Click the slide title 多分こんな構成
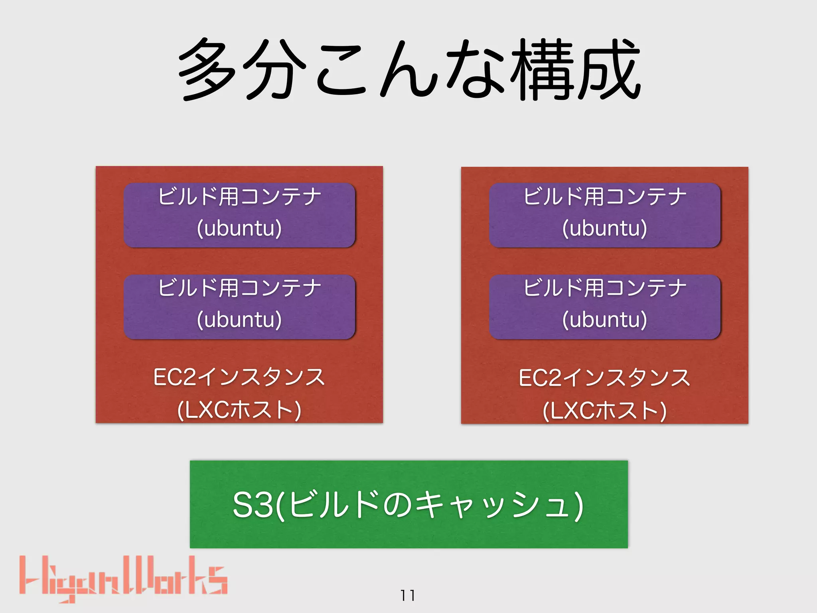408,70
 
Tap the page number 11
408,595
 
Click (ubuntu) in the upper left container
239,228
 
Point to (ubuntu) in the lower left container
239,320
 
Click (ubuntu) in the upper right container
605,228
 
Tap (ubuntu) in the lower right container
605,320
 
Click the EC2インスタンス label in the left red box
239,378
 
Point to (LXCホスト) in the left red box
239,410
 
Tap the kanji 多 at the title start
207,70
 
